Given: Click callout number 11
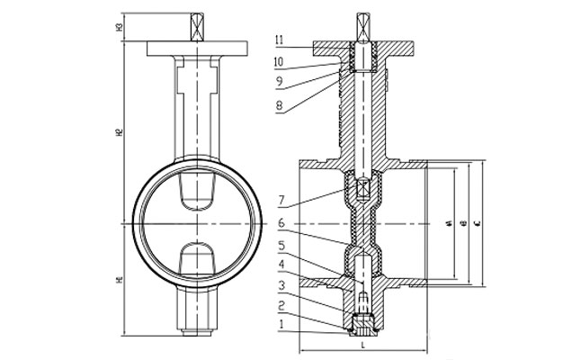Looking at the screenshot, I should (x=280, y=39).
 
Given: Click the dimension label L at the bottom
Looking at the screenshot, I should (x=362, y=344).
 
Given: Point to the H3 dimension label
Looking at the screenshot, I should (x=119, y=28).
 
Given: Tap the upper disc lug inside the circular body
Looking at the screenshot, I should (x=198, y=192).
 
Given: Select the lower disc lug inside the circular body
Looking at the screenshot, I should (x=198, y=258).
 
